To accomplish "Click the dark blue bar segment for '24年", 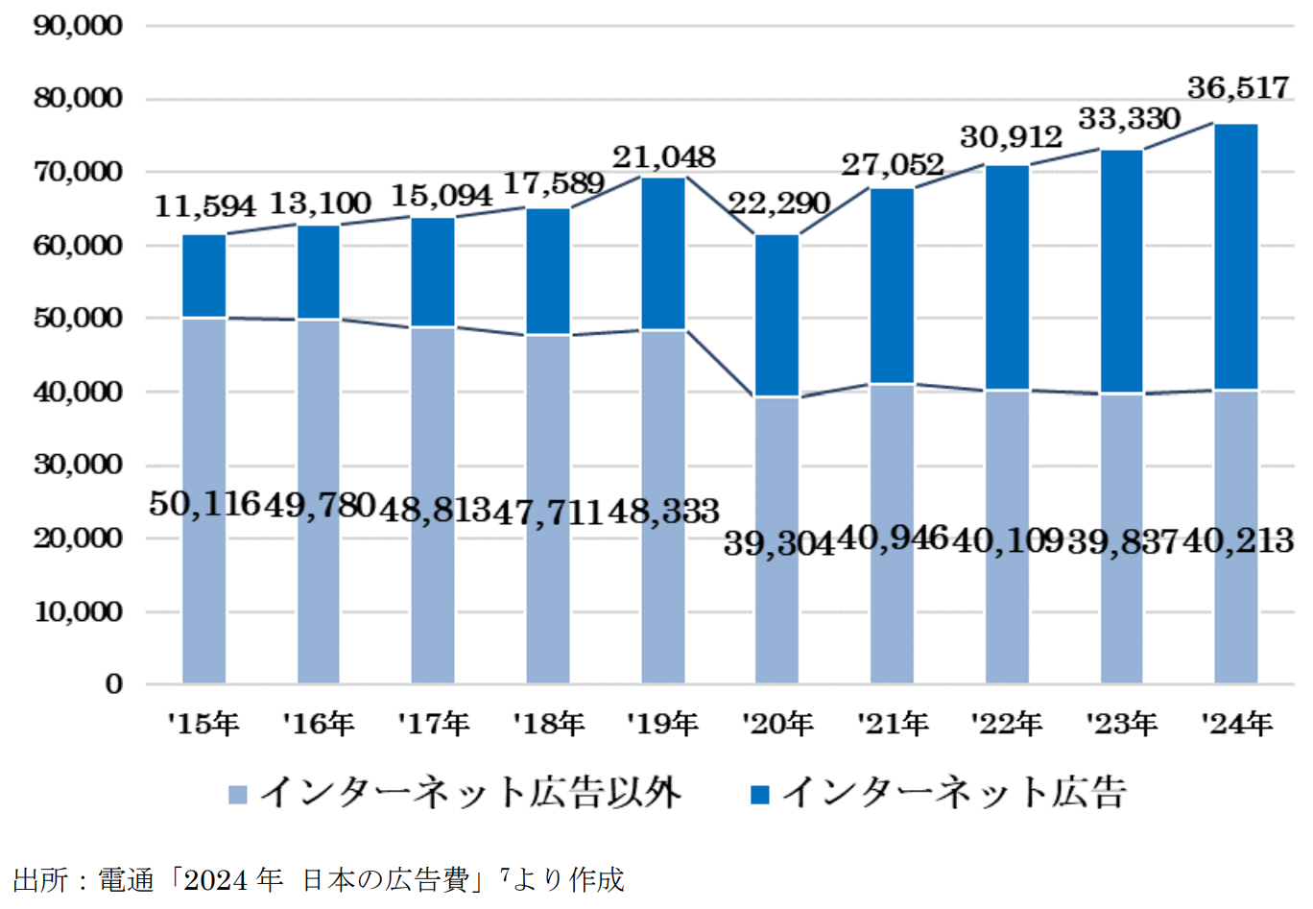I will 1235,256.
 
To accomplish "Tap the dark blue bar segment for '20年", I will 776,315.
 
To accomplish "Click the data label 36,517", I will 1237,88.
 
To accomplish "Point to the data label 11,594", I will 205,205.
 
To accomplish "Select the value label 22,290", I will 778,203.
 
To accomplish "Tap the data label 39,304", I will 778,543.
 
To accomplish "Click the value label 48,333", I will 663,511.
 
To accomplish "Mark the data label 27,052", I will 893,165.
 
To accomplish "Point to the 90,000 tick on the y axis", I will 79,26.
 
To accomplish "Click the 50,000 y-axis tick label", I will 79,319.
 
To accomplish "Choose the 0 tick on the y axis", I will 114,684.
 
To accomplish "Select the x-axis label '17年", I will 434,724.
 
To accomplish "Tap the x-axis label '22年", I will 1007,724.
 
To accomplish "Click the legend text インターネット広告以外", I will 470,794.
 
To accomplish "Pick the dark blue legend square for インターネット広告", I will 760,795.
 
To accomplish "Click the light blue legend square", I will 238,795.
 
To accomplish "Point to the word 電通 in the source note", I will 126,880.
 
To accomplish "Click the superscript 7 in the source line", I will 505,873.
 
